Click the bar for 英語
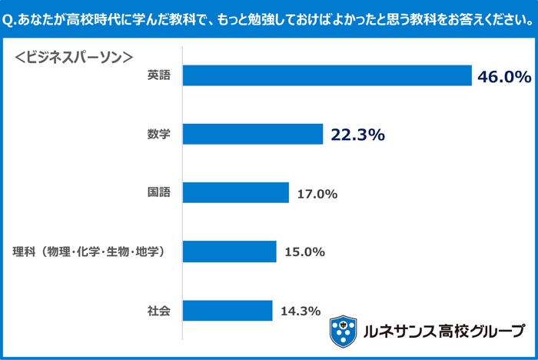[327, 75]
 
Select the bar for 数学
[253, 135]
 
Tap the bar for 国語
[236, 193]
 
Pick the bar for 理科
[230, 252]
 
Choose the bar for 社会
[227, 311]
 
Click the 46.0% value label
[504, 77]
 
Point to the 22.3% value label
[357, 135]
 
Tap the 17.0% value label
[317, 194]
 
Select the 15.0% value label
[304, 252]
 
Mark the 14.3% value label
[300, 311]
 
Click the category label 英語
[159, 75]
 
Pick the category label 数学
[159, 135]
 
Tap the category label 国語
[159, 193]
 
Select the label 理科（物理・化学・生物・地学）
[90, 252]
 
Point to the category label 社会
[159, 311]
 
